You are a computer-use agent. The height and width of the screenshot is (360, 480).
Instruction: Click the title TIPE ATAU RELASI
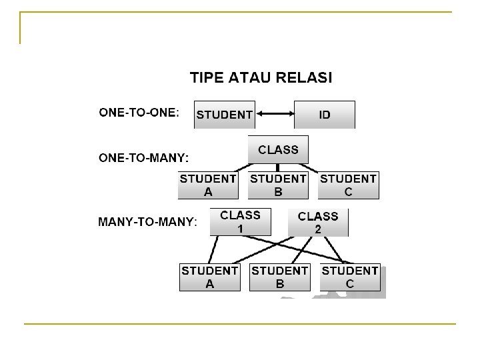[x=261, y=77]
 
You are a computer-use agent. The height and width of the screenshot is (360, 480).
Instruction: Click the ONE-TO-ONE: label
[x=139, y=113]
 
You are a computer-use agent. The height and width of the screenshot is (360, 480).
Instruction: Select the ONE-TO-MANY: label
[x=143, y=158]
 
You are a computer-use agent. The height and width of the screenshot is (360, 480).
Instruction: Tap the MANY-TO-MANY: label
[x=147, y=221]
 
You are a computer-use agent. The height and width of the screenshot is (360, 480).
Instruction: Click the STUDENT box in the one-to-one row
[x=224, y=115]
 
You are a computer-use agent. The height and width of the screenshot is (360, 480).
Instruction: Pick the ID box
[x=325, y=115]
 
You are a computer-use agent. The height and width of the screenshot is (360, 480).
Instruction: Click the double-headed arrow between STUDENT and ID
[x=275, y=115]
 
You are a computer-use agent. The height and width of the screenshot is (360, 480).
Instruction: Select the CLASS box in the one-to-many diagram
[x=278, y=149]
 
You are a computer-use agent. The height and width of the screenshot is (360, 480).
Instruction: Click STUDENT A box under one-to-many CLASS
[x=208, y=185]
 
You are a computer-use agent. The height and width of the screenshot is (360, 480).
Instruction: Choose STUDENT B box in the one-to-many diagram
[x=278, y=185]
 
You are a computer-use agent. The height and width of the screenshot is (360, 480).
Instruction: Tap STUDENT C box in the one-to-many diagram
[x=348, y=185]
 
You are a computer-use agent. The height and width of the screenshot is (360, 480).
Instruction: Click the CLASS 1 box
[x=240, y=221]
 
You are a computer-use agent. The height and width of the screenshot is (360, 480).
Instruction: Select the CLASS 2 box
[x=318, y=223]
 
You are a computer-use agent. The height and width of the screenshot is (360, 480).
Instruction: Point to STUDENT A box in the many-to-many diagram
[x=210, y=277]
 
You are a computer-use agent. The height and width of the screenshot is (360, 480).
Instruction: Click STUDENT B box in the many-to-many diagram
[x=280, y=277]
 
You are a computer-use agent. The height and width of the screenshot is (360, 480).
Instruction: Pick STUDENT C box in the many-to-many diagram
[x=350, y=277]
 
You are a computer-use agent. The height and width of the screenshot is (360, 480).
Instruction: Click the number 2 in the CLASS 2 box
[x=318, y=229]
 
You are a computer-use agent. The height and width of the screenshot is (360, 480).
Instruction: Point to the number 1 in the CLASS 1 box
[x=240, y=227]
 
